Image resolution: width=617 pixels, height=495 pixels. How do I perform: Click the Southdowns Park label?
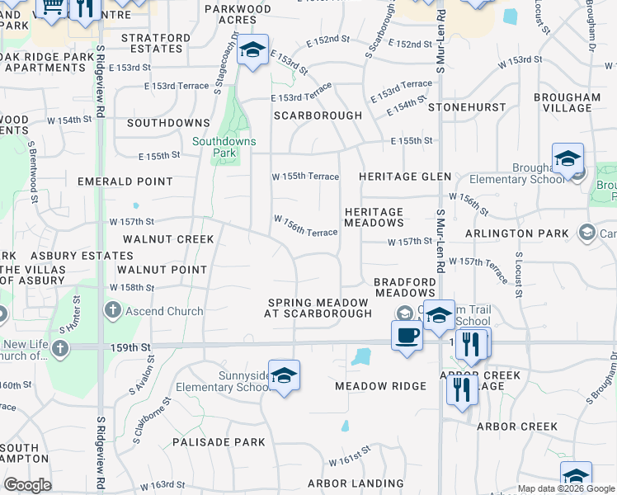[x=224, y=147]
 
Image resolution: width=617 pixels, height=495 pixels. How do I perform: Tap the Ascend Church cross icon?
[x=113, y=311]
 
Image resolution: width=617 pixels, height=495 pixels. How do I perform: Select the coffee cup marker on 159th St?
[x=407, y=335]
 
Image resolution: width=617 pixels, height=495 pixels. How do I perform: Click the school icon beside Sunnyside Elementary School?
[x=284, y=375]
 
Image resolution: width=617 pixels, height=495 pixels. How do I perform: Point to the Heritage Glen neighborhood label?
[x=405, y=177]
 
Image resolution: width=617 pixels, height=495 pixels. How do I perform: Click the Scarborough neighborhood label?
[x=318, y=115]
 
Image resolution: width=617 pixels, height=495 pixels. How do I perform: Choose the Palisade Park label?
[x=219, y=442]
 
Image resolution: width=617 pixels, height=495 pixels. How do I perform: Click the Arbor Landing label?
[x=356, y=483]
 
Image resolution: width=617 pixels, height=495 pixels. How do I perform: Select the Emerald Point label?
[x=125, y=181]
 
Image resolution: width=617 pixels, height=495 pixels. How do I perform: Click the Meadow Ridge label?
[x=380, y=386]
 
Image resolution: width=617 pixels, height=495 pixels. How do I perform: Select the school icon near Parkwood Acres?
[x=252, y=50]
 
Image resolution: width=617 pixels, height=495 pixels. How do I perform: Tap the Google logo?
[x=27, y=485]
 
